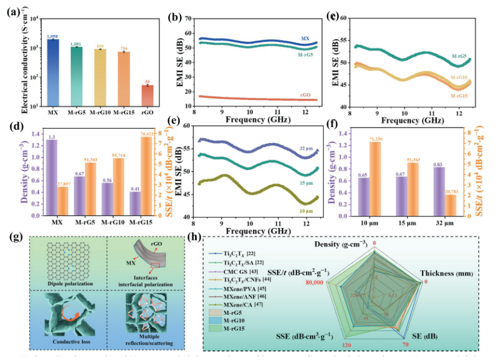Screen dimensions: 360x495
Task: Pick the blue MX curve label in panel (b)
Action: pos(305,38)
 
